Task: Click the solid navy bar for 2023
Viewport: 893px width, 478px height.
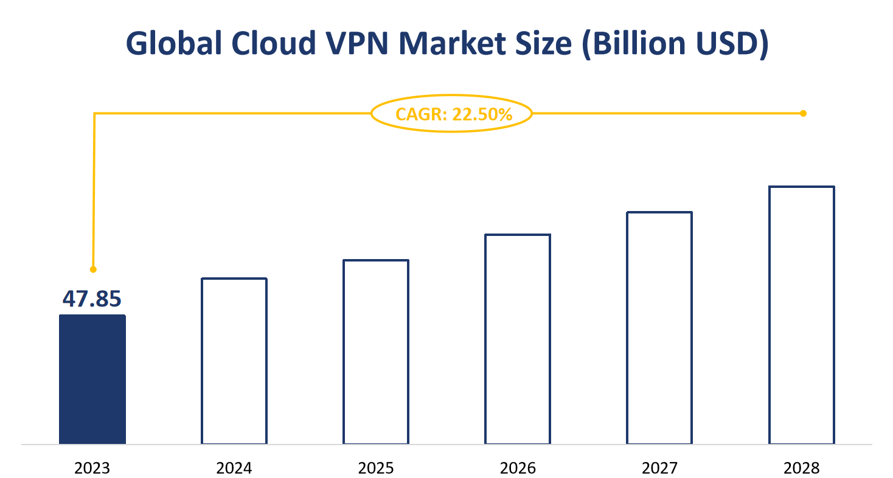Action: (92, 379)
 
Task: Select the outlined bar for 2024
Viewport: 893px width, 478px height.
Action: (234, 361)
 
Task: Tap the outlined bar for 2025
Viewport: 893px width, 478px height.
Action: (376, 352)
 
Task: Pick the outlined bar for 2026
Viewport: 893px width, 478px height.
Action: (518, 339)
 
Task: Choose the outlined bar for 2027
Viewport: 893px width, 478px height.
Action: (659, 328)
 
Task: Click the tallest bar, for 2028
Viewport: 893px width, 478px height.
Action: (802, 315)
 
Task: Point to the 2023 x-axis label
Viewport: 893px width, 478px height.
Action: (92, 468)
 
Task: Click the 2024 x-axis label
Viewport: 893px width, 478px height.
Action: (234, 468)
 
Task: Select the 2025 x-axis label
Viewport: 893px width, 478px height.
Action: (376, 468)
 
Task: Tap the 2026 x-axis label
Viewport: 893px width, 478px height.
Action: (518, 468)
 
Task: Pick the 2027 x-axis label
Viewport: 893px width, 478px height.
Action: (659, 468)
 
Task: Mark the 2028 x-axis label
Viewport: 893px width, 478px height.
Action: (802, 468)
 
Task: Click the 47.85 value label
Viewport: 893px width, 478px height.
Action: (92, 299)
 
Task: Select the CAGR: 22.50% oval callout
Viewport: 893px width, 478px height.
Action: (452, 114)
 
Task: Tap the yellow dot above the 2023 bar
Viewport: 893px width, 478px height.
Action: (93, 269)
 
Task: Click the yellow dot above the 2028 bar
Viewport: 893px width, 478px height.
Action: (803, 113)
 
